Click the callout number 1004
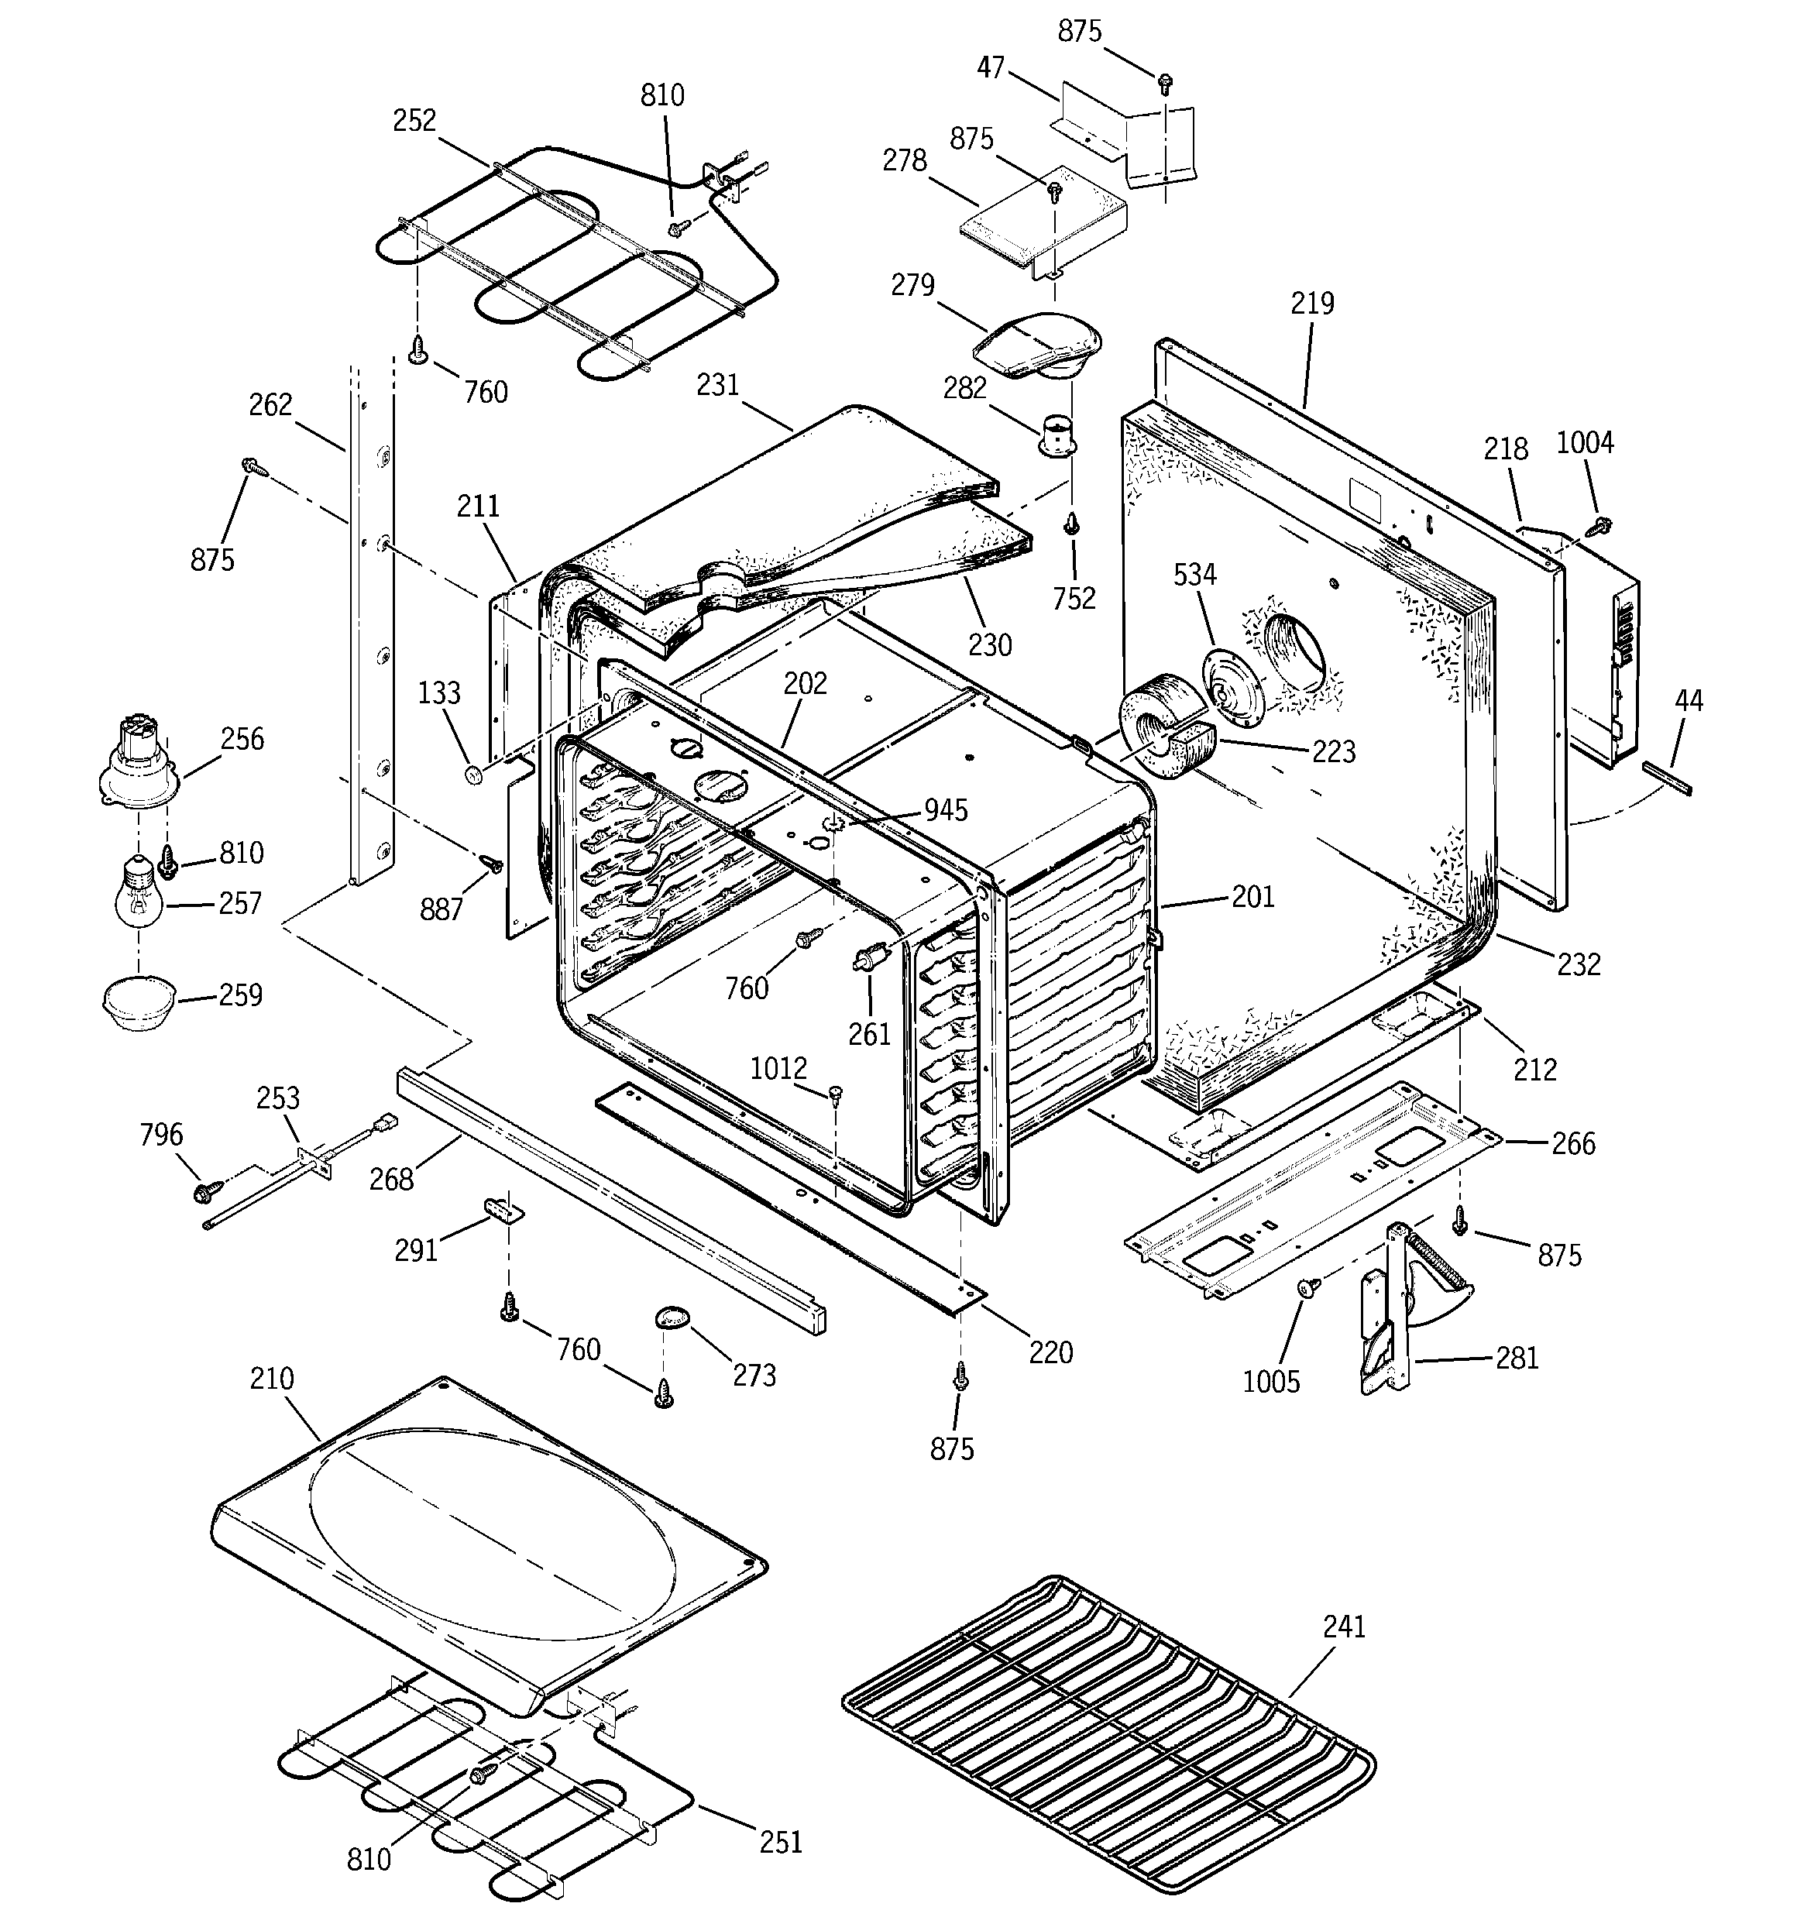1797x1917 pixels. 1585,442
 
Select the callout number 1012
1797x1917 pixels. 778,1068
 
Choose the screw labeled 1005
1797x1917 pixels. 1306,1287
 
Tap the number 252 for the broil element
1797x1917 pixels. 414,121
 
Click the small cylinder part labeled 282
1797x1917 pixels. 1059,436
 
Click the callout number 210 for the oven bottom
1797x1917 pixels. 272,1379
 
